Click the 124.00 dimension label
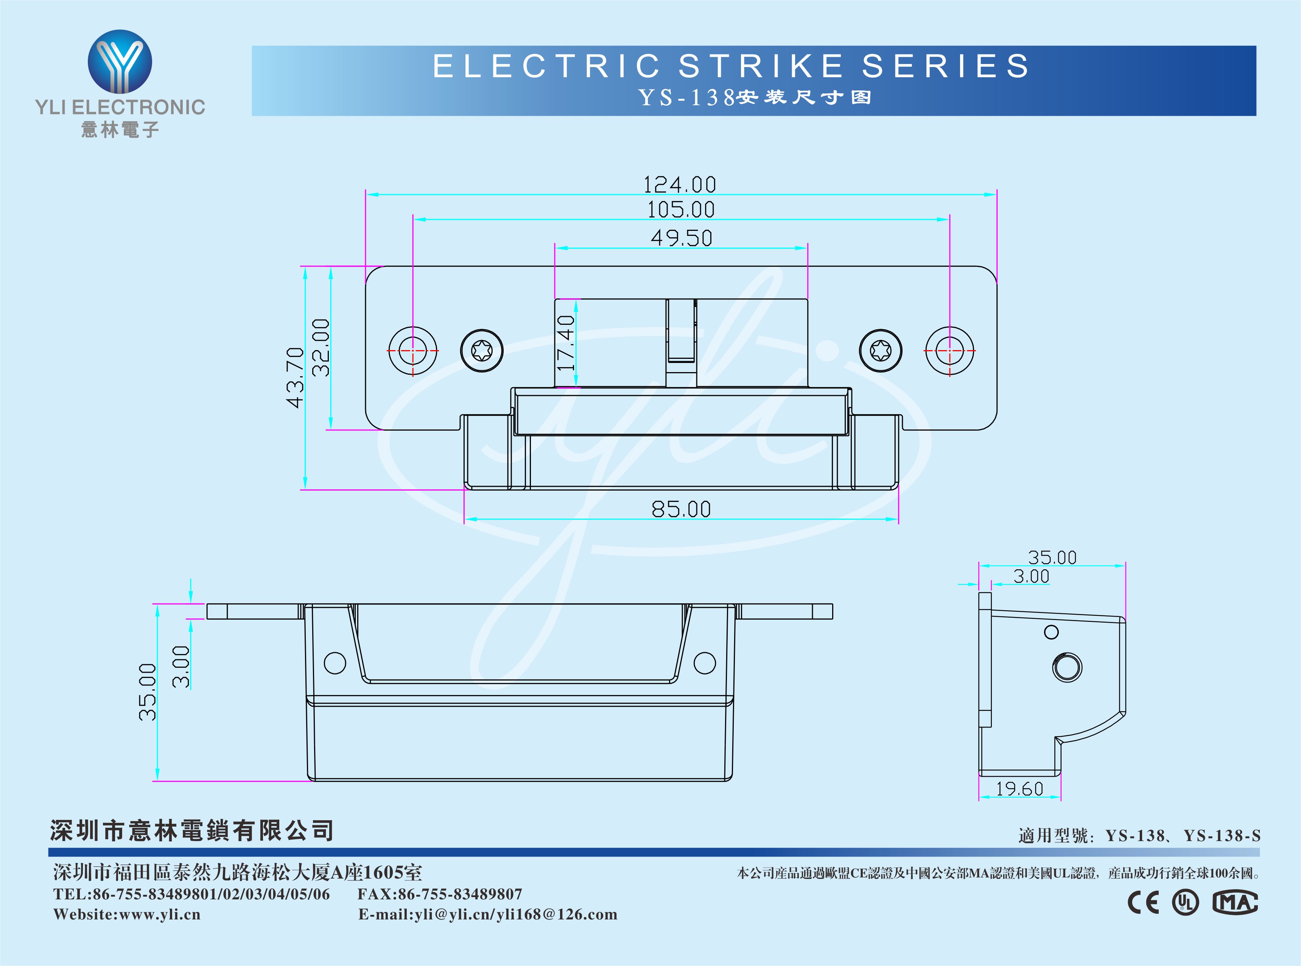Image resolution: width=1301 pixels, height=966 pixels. point(680,185)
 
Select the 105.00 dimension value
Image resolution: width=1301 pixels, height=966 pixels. point(681,209)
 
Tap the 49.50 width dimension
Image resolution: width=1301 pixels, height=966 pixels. point(682,238)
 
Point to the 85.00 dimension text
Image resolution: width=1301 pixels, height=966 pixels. point(682,509)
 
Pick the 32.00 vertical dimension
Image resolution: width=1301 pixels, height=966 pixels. point(321,347)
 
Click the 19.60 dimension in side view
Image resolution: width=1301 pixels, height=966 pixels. point(1019,789)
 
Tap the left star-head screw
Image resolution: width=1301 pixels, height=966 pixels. point(482,351)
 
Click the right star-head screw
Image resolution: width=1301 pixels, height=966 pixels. point(880,351)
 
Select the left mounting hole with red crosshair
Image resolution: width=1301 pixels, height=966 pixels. point(412,351)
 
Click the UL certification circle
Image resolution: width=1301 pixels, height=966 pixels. point(1185,902)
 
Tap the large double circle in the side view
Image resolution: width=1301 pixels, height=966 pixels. point(1067,667)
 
